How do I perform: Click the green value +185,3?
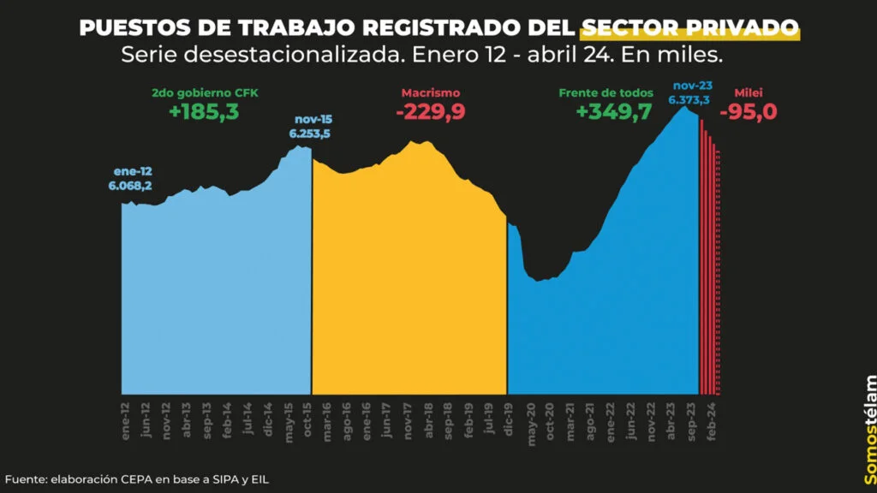point(204,112)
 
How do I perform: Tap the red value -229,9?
point(431,112)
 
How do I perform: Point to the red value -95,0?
point(754,112)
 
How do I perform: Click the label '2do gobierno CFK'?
point(204,92)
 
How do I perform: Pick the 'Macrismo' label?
point(431,92)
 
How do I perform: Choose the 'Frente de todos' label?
point(606,92)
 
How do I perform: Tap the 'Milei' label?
point(749,92)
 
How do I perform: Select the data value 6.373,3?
point(690,100)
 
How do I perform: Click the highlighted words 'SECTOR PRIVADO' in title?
point(689,27)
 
